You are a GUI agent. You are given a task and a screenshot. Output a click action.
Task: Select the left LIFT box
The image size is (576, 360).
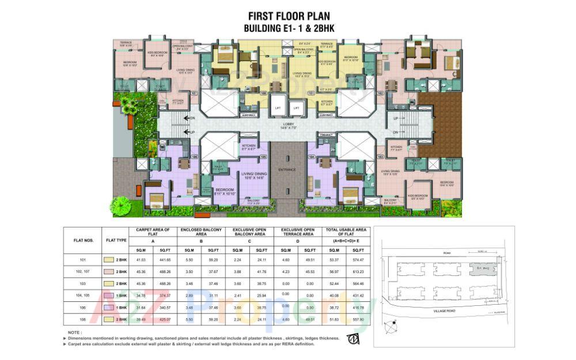[x=278, y=108]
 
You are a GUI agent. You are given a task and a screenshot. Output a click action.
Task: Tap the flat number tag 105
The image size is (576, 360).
[x=264, y=156]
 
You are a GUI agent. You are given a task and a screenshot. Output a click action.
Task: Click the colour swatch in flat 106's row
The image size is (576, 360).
[x=108, y=308]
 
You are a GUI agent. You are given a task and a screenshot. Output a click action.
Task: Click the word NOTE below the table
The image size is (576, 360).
[x=74, y=332]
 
